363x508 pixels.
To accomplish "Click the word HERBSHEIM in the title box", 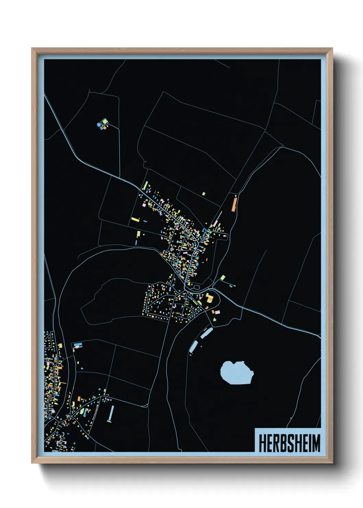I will tap(289, 443).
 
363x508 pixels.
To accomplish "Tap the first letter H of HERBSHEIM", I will tap(262, 443).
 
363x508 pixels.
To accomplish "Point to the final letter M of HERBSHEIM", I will tap(316, 443).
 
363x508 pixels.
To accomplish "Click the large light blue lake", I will tap(236, 372).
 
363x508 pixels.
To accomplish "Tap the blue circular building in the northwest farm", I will tap(99, 125).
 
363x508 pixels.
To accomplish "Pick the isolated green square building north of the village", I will tap(203, 194).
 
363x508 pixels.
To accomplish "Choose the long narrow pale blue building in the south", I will tap(111, 413).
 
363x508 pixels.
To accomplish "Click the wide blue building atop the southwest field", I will tap(78, 344).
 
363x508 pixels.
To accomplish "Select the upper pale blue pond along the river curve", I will tap(207, 332).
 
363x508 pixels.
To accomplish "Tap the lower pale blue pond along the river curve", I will tap(194, 346).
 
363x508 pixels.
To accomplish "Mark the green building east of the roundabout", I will tap(223, 277).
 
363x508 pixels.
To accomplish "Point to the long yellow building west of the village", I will tap(135, 219).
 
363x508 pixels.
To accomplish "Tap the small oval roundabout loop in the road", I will tap(197, 287).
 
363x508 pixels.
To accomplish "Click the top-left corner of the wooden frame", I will tap(32, 49).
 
